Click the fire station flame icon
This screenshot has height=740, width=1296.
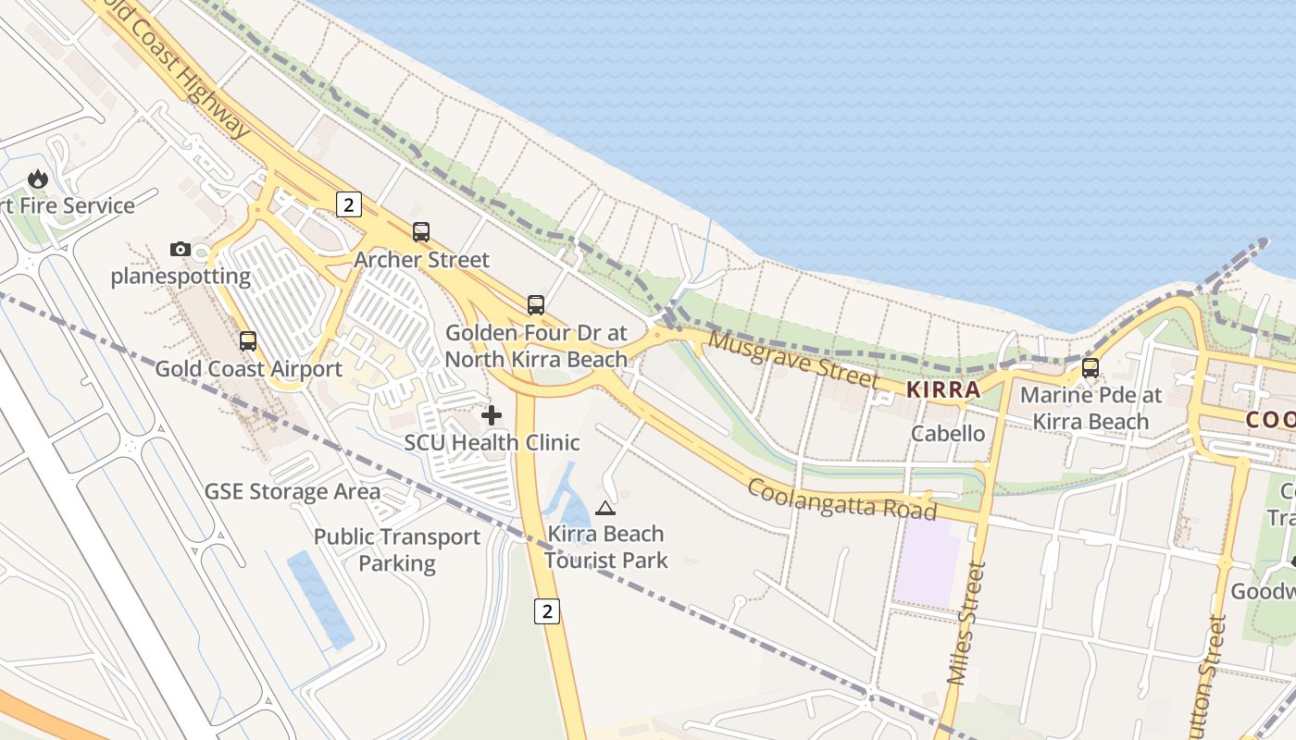pyautogui.click(x=38, y=179)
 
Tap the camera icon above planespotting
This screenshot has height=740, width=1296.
pyautogui.click(x=181, y=249)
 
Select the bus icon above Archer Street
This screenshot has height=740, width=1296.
pyautogui.click(x=421, y=232)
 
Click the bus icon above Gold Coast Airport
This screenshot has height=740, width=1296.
pyautogui.click(x=248, y=340)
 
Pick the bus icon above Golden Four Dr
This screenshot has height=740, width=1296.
pyautogui.click(x=536, y=305)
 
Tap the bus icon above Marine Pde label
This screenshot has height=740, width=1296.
pyautogui.click(x=1090, y=368)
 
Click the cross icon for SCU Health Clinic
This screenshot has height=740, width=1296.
pyautogui.click(x=492, y=415)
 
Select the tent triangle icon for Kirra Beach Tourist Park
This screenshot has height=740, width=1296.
pyautogui.click(x=605, y=507)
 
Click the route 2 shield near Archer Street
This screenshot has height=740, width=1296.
pyautogui.click(x=348, y=204)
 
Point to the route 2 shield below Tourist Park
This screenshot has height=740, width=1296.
pyautogui.click(x=548, y=610)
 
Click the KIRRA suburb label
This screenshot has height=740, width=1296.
pyautogui.click(x=943, y=389)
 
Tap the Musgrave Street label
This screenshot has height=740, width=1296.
pyautogui.click(x=793, y=360)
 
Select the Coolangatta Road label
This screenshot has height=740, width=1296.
pyautogui.click(x=841, y=499)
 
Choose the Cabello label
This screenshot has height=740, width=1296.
pyautogui.click(x=948, y=433)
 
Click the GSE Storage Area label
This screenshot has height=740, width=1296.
pyautogui.click(x=293, y=491)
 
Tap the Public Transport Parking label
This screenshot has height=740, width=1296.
pyautogui.click(x=397, y=549)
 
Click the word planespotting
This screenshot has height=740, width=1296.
pyautogui.click(x=181, y=276)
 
